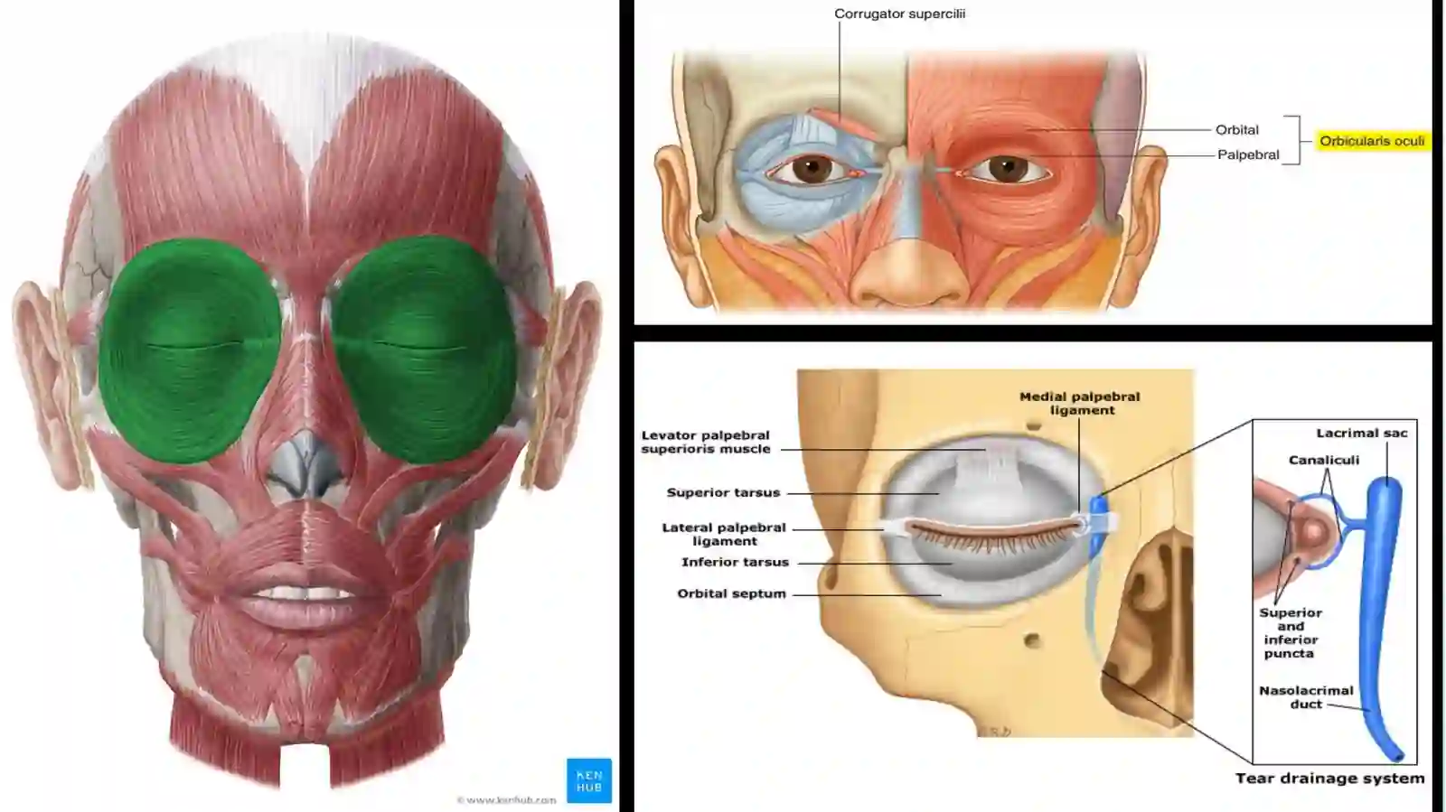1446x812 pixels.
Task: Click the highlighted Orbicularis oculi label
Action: (x=1373, y=141)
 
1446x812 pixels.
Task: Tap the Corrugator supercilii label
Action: (x=900, y=14)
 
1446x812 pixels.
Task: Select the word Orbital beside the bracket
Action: (x=1237, y=130)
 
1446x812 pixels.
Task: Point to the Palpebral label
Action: (x=1248, y=154)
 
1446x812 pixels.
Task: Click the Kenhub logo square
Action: (x=589, y=780)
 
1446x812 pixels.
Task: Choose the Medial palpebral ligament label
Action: (x=1080, y=403)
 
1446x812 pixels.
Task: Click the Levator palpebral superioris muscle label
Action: (x=706, y=442)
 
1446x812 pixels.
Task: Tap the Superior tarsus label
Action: (x=724, y=493)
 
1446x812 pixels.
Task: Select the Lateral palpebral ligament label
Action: (x=724, y=534)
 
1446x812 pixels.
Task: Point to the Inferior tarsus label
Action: (x=736, y=563)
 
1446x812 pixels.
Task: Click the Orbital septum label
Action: (x=731, y=593)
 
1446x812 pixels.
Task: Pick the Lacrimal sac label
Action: (x=1362, y=434)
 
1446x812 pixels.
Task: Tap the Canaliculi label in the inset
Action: (x=1324, y=461)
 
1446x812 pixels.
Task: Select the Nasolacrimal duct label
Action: (x=1306, y=697)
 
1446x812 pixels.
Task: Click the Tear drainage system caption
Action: (x=1329, y=779)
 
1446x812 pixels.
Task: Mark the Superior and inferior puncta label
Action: (x=1291, y=632)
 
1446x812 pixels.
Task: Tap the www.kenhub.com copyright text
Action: (x=506, y=800)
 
